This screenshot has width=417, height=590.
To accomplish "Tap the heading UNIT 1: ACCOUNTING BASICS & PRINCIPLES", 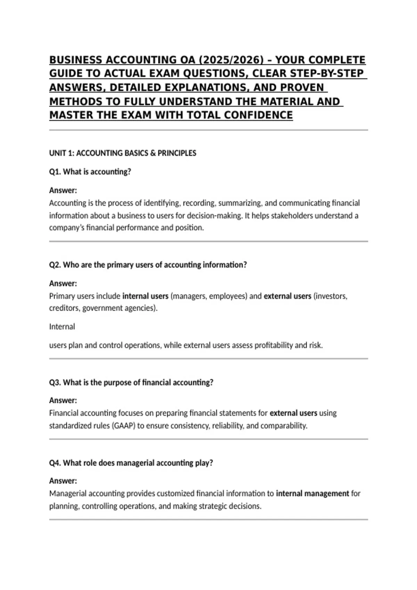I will click(123, 153).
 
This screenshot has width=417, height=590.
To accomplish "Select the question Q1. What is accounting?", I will click(90, 172).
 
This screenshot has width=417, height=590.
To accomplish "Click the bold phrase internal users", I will click(145, 296).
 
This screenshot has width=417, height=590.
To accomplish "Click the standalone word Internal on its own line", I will click(62, 327).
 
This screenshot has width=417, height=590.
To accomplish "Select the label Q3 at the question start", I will click(55, 382).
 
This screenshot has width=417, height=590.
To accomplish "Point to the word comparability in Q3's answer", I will click(284, 425).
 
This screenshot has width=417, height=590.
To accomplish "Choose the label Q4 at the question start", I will click(55, 463).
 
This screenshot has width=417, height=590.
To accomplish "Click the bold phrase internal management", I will click(312, 494).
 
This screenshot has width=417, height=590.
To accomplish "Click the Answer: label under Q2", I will click(63, 284).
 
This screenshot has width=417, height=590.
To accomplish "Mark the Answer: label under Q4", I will click(63, 481).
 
